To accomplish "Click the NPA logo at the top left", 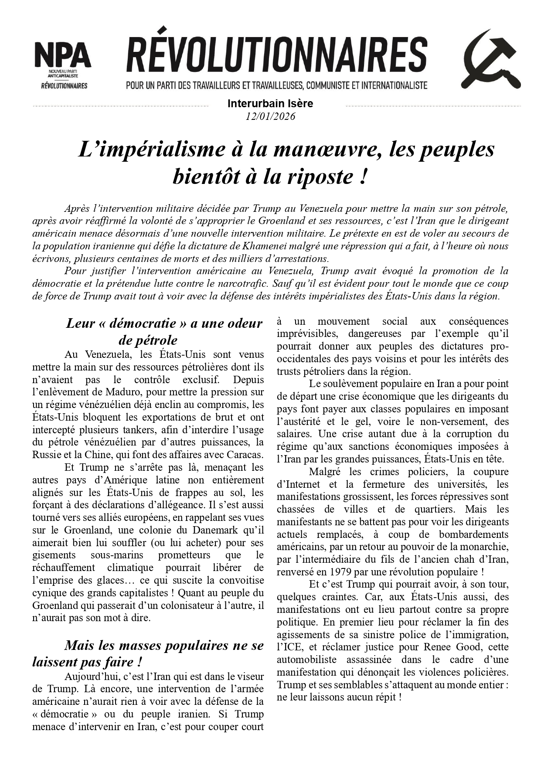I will click(62, 64).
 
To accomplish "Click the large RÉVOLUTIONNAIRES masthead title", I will click(276, 55).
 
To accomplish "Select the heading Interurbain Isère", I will click(270, 104).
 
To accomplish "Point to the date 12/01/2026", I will click(270, 116).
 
